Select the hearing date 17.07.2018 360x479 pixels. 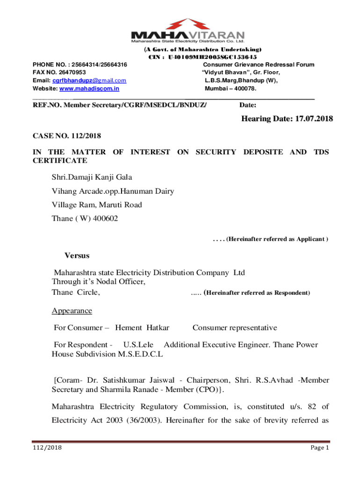pyautogui.click(x=314, y=119)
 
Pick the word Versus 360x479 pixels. pyautogui.click(x=77, y=256)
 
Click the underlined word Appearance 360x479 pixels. pyautogui.click(x=72, y=311)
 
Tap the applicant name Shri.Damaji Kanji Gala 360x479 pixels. pyautogui.click(x=92, y=177)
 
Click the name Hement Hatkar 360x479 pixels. pyautogui.click(x=142, y=328)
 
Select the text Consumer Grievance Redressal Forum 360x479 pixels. pyautogui.click(x=259, y=65)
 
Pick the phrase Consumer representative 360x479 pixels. pyautogui.click(x=235, y=328)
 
